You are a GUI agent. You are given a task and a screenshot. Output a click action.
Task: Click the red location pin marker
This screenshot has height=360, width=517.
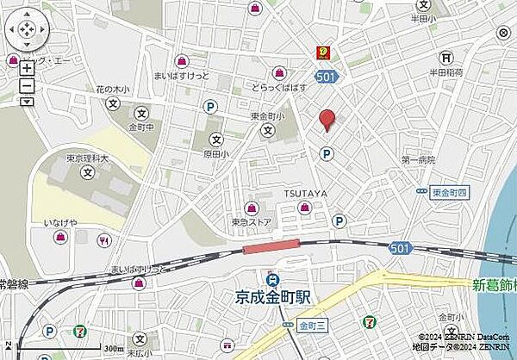click(327, 120)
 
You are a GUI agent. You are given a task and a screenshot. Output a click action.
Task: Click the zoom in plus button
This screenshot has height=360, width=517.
click(27, 68)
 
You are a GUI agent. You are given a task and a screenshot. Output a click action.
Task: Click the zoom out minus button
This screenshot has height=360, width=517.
click(27, 85)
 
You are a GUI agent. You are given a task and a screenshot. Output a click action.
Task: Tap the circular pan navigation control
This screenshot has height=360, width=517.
click(27, 31)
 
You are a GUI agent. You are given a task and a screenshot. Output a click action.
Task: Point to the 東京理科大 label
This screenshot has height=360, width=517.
click(86, 158)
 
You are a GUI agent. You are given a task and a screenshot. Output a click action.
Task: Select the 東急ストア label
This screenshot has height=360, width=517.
click(251, 221)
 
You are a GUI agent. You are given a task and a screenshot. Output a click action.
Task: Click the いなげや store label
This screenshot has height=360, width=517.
click(60, 223)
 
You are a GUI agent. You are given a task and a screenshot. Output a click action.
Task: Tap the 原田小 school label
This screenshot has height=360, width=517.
click(216, 153)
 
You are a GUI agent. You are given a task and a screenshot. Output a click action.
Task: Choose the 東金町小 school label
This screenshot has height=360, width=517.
click(268, 117)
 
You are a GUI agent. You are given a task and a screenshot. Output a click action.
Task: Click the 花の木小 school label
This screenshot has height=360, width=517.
click(112, 89)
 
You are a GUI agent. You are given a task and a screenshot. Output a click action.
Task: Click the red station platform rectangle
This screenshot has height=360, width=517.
click(271, 248)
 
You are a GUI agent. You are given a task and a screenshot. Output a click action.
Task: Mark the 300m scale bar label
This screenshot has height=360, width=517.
click(113, 348)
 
